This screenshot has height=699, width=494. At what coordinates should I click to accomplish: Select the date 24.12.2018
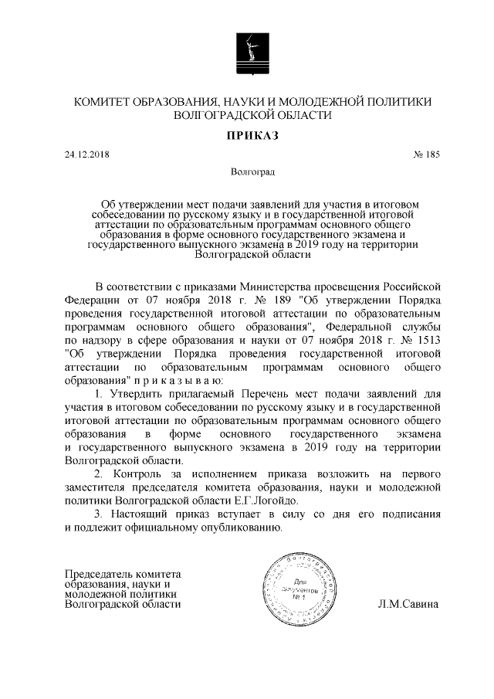pos(88,154)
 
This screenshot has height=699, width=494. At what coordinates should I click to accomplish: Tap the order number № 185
pos(426,154)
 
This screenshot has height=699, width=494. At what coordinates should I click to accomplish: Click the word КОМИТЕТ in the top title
pos(103,102)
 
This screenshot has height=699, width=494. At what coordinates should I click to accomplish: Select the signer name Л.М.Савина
pos(408,605)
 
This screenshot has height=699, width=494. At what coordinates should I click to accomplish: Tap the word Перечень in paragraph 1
pos(248,395)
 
